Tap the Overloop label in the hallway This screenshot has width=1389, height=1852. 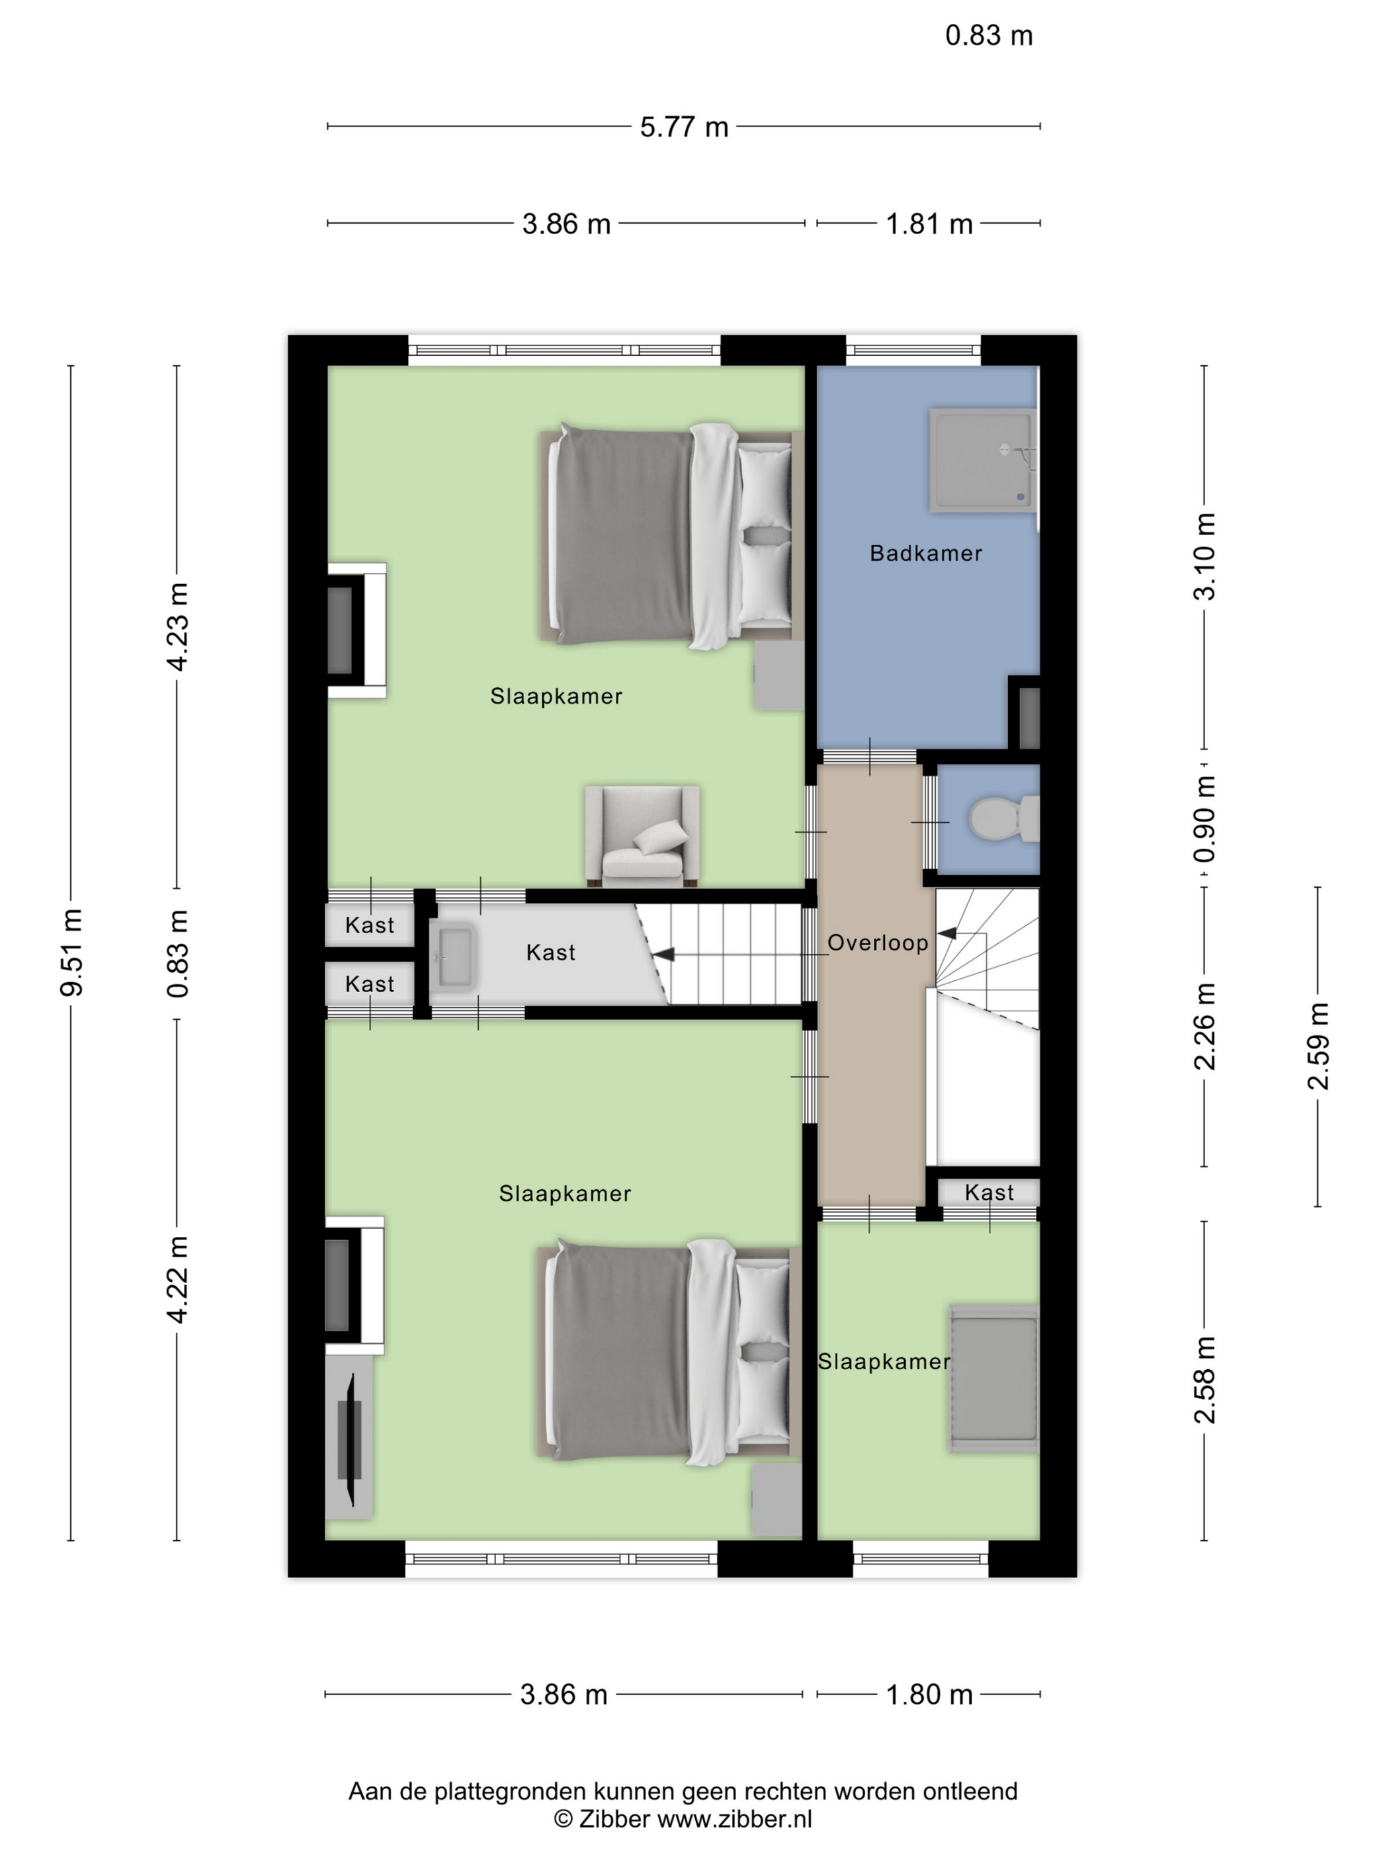click(878, 943)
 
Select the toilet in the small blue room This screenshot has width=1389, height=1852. click(1003, 819)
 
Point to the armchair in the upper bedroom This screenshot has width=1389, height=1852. click(642, 835)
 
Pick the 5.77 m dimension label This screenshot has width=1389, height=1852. click(684, 127)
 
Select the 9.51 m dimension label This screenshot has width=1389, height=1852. click(72, 952)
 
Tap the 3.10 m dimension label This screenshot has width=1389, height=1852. click(1204, 557)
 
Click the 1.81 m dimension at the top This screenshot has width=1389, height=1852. click(929, 224)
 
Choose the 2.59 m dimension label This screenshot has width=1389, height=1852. click(1318, 1046)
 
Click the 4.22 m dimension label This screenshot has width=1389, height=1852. click(177, 1279)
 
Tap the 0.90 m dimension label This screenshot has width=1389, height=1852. click(1204, 819)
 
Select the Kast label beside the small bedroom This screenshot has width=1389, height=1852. click(989, 1193)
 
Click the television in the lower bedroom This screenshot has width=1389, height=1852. click(350, 1439)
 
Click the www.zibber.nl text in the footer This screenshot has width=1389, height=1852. click(734, 1818)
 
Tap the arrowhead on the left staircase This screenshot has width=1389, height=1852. click(663, 954)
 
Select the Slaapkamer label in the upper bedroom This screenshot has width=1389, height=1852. click(556, 696)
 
